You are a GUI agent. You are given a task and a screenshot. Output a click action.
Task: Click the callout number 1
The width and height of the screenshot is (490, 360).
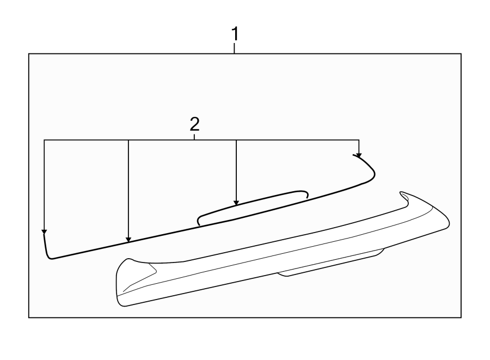point(235,34)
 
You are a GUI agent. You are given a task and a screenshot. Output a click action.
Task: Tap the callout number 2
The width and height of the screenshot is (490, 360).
point(194,125)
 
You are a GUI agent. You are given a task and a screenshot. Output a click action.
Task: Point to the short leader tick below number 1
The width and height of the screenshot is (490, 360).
point(235,48)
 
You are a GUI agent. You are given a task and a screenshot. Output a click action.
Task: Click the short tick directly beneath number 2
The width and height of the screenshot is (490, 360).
point(194,137)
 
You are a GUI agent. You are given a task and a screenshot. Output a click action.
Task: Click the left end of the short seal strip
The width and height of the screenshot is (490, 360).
point(199,220)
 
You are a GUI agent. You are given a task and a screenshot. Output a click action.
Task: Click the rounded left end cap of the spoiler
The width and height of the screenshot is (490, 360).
point(121,283)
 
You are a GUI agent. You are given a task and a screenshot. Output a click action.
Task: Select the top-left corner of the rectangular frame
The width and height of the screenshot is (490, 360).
point(29,53)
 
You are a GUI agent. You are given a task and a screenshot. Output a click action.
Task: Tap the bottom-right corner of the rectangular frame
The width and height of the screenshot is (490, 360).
point(461,317)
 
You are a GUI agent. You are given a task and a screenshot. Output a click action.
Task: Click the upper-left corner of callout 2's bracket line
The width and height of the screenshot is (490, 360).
point(44,141)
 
